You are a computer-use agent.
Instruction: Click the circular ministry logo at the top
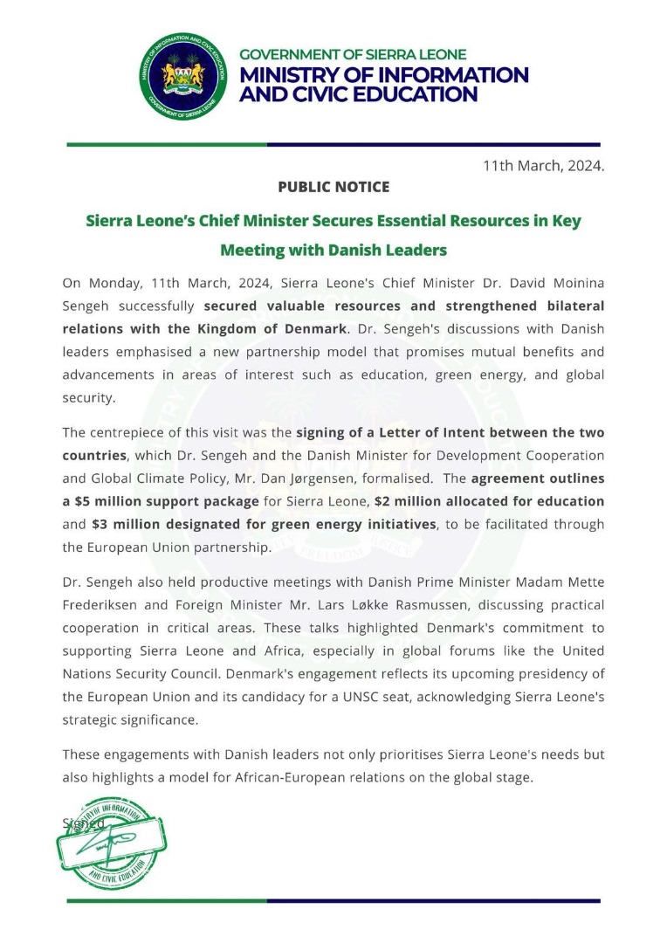click(183, 76)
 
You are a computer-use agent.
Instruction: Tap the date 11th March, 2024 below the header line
click(543, 165)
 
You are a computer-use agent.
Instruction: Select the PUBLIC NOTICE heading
click(333, 187)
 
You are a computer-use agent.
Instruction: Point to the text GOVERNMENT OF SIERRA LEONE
click(353, 54)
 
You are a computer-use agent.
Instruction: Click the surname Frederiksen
click(106, 604)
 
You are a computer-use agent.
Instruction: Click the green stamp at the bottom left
click(111, 842)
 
